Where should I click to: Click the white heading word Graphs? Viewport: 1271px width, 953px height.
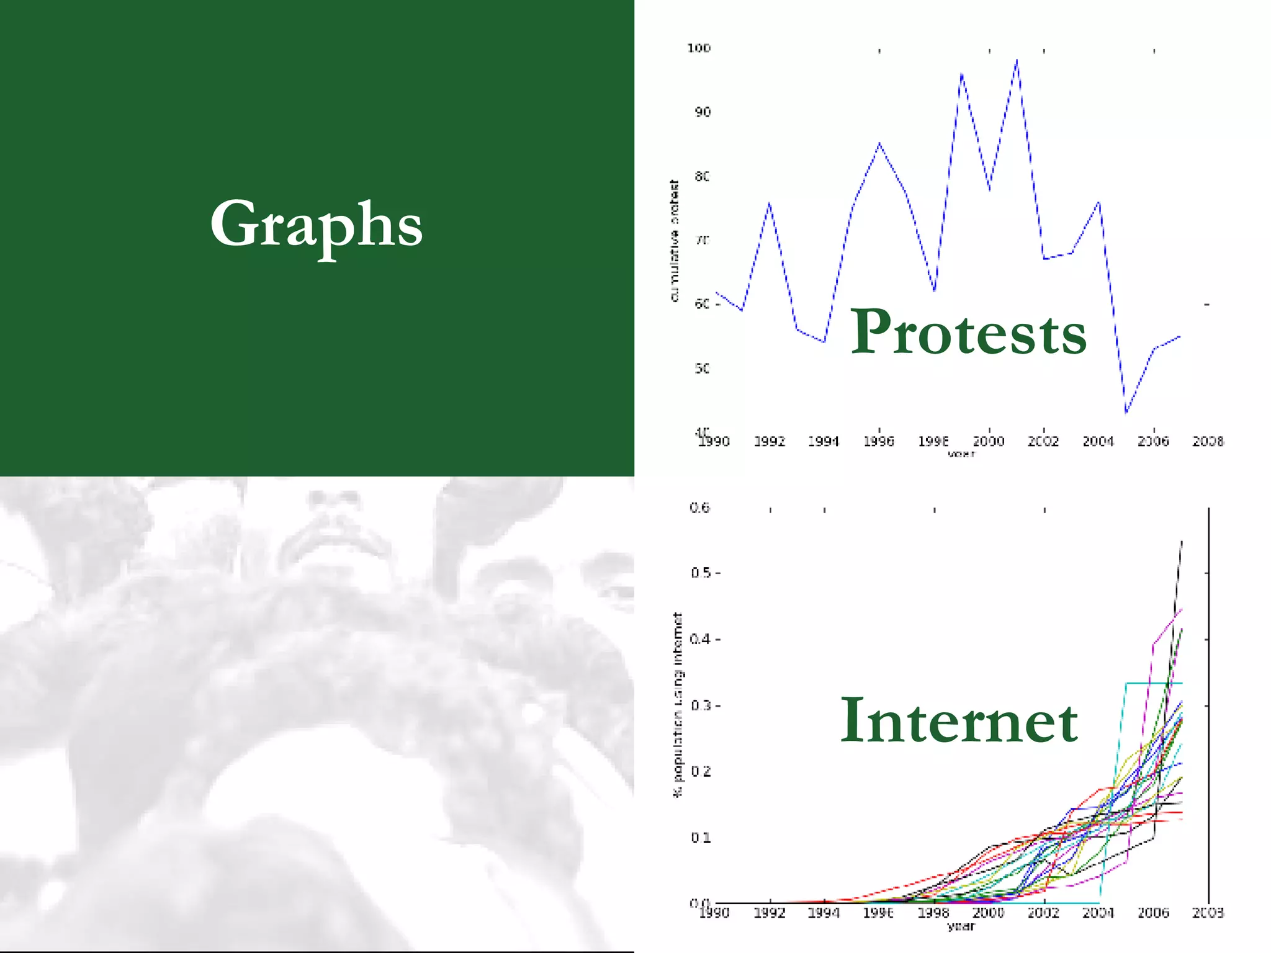pyautogui.click(x=317, y=225)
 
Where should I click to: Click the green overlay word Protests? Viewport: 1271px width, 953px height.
pyautogui.click(x=968, y=333)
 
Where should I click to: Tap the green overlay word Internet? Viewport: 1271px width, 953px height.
pyautogui.click(x=959, y=721)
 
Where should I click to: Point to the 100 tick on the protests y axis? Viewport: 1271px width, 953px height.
pyautogui.click(x=699, y=48)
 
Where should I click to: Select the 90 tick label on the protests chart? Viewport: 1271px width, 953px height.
pyautogui.click(x=703, y=112)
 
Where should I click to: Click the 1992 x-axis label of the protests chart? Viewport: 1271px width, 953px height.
pyautogui.click(x=770, y=442)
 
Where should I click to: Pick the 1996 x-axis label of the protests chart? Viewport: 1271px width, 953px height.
pyautogui.click(x=879, y=442)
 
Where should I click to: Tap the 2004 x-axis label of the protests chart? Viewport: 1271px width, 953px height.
pyautogui.click(x=1098, y=442)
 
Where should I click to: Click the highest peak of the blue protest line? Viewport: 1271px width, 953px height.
pyautogui.click(x=1017, y=60)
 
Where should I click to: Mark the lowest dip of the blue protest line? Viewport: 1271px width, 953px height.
pyautogui.click(x=1126, y=412)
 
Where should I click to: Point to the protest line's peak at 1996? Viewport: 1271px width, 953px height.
pyautogui.click(x=879, y=143)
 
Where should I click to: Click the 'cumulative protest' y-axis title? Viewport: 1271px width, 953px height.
pyautogui.click(x=675, y=241)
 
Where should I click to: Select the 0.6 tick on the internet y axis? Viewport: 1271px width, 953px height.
pyautogui.click(x=699, y=508)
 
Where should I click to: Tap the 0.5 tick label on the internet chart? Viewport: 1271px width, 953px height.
pyautogui.click(x=701, y=573)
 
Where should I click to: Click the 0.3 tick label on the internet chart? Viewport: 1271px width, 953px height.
pyautogui.click(x=701, y=705)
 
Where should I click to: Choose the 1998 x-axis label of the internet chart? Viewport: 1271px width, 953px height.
pyautogui.click(x=933, y=913)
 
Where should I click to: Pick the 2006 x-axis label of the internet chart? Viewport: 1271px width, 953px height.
pyautogui.click(x=1153, y=913)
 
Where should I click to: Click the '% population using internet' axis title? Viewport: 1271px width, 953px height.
pyautogui.click(x=678, y=705)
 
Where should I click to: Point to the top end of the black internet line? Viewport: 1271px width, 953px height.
pyautogui.click(x=1182, y=542)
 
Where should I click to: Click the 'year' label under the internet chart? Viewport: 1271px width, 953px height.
pyautogui.click(x=961, y=927)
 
